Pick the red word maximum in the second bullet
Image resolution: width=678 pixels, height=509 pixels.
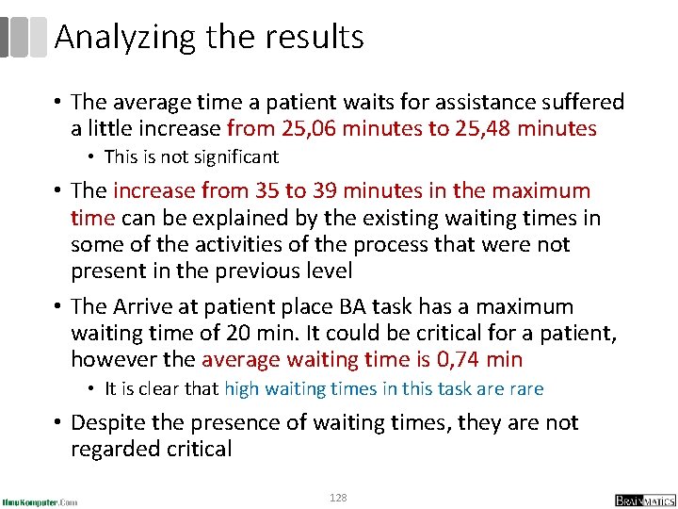pyautogui.click(x=536, y=190)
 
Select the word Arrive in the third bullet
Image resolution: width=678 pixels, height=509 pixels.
pyautogui.click(x=145, y=306)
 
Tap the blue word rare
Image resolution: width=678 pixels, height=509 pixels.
pyautogui.click(x=525, y=388)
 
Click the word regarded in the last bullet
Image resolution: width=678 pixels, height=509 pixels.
pyautogui.click(x=117, y=449)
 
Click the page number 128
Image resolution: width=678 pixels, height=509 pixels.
pyautogui.click(x=338, y=497)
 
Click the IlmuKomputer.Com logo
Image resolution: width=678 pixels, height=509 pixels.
pyautogui.click(x=40, y=501)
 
